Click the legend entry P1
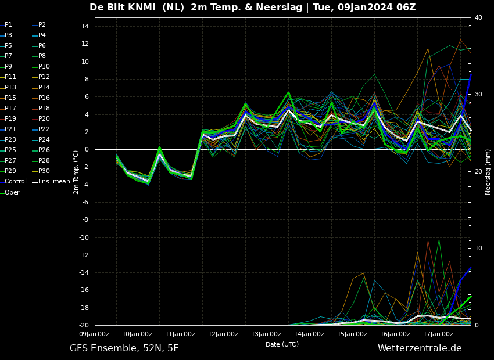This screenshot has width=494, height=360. click(8, 25)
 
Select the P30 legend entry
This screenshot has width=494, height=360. click(44, 171)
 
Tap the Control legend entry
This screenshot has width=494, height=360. click(15, 182)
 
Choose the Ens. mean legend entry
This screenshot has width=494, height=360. click(54, 182)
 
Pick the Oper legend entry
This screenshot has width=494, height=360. click(12, 192)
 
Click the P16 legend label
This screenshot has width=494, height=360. click(44, 98)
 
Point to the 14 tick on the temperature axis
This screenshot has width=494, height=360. click(84, 26)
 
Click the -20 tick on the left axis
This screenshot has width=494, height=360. click(83, 325)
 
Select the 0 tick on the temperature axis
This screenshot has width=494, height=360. click(86, 149)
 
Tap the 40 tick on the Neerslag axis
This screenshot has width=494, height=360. click(478, 18)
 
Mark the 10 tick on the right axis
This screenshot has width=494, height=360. click(478, 249)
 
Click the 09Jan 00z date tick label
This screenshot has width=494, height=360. click(94, 334)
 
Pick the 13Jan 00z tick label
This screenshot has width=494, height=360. click(266, 334)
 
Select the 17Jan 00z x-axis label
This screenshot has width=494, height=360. click(438, 334)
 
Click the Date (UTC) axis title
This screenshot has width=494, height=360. click(282, 344)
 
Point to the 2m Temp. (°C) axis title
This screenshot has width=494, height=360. click(76, 172)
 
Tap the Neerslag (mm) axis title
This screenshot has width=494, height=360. click(488, 172)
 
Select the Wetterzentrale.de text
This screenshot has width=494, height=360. click(420, 348)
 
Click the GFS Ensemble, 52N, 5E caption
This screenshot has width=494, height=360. click(124, 348)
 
